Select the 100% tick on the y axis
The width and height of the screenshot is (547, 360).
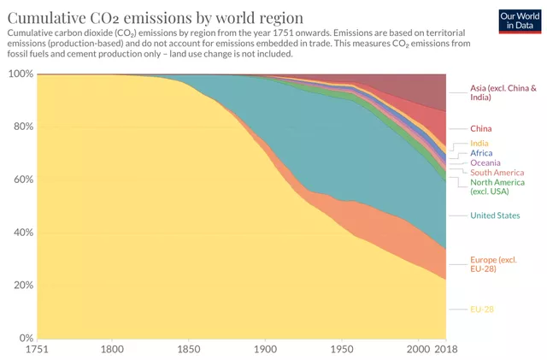20,74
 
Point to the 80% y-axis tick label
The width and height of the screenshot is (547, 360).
22,127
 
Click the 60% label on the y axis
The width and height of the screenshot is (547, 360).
22,180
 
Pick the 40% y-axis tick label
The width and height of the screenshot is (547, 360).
22,233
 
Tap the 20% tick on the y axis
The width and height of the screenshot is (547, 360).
22,286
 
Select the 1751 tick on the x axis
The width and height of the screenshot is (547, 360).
37,350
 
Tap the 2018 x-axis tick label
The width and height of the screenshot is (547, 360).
445,350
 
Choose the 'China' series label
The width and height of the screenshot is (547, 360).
481,129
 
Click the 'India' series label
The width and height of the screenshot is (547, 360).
479,143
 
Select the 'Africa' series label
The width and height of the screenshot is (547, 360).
481,153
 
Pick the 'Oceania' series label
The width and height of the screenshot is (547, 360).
485,162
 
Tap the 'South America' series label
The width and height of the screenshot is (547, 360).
497,173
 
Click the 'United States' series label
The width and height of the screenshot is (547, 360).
495,215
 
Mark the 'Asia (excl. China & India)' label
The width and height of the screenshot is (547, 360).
503,92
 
